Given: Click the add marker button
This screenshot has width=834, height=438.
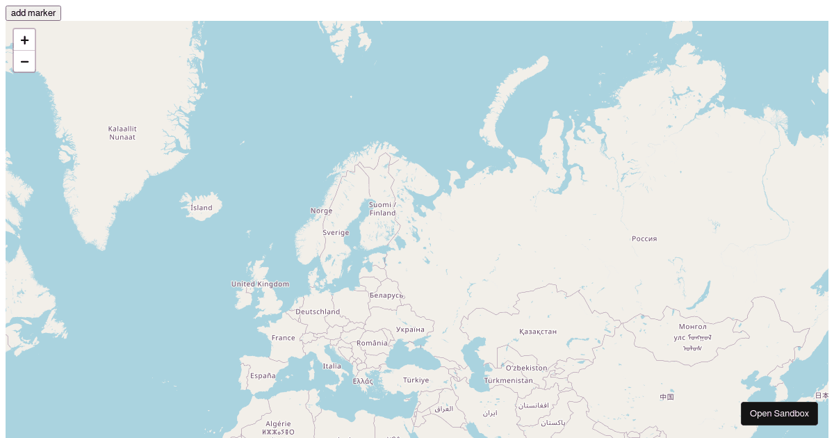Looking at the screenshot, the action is coord(33,13).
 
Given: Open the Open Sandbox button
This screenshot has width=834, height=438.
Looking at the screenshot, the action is coord(779,414).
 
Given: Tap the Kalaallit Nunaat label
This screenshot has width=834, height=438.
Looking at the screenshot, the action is coord(122,133).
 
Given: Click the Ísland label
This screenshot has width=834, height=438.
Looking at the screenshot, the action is coord(202,207).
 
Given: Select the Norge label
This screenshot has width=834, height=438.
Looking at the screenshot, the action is coord(321,211).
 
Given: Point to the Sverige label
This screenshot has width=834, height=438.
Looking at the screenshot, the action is coord(336,233).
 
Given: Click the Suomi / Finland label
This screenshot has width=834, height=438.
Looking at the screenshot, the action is coord(382,209).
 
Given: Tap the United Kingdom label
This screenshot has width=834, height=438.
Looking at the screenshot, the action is coord(260,284).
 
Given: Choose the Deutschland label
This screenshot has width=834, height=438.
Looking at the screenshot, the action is coord(318,311).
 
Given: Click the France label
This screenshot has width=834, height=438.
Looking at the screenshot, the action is coord(283,338).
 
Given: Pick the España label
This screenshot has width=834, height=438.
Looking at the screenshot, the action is coord(263,375).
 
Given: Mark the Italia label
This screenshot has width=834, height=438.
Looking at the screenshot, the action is coord(332,366).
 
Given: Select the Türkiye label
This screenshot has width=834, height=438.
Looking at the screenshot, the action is coord(416,380).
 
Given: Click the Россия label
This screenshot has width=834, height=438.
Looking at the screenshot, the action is coord(644,238).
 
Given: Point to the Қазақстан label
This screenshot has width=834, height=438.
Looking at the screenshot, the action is coord(537,332).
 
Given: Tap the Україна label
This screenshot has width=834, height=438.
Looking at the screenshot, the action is coord(409,330).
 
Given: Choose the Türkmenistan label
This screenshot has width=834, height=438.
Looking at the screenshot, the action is coord(508,380).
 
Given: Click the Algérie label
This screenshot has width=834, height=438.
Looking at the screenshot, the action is coord(278,423).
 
